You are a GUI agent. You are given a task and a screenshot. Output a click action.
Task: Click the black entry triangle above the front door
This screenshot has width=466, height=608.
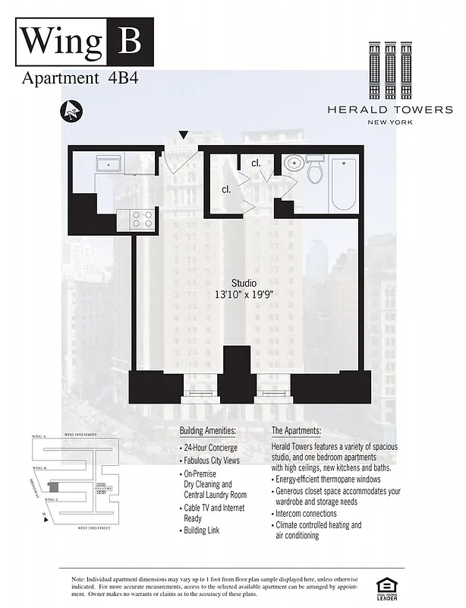point(182,136)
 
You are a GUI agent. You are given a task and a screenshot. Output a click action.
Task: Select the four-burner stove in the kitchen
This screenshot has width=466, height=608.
point(143,220)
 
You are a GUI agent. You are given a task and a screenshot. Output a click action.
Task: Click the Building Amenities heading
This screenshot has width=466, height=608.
point(208,431)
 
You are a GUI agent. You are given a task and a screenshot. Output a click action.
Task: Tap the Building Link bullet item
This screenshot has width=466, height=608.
point(203,530)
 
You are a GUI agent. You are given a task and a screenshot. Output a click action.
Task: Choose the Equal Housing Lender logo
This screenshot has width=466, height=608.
point(386,587)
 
